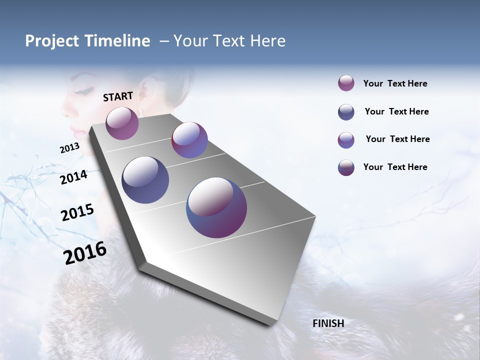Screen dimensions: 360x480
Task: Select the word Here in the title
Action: coord(267,41)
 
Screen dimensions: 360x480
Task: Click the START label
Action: coord(118,96)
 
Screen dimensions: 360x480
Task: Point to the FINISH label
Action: coord(328,323)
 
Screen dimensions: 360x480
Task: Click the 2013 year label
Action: coord(69,148)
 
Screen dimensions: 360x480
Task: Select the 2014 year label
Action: coord(73,177)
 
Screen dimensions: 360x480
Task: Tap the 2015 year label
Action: coord(77,212)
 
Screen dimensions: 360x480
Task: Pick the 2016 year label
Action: coord(85,253)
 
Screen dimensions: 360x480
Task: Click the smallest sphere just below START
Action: coord(122,123)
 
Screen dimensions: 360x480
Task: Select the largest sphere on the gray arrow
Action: coord(216,207)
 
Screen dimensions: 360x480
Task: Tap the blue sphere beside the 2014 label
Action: coord(145,180)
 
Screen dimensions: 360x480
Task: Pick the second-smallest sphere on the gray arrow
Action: coord(189,140)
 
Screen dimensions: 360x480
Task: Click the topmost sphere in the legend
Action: coord(346,83)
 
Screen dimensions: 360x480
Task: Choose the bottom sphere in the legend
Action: coord(346,167)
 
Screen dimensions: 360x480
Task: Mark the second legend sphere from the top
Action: coord(346,112)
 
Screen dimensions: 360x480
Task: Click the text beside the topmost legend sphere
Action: coord(395,84)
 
